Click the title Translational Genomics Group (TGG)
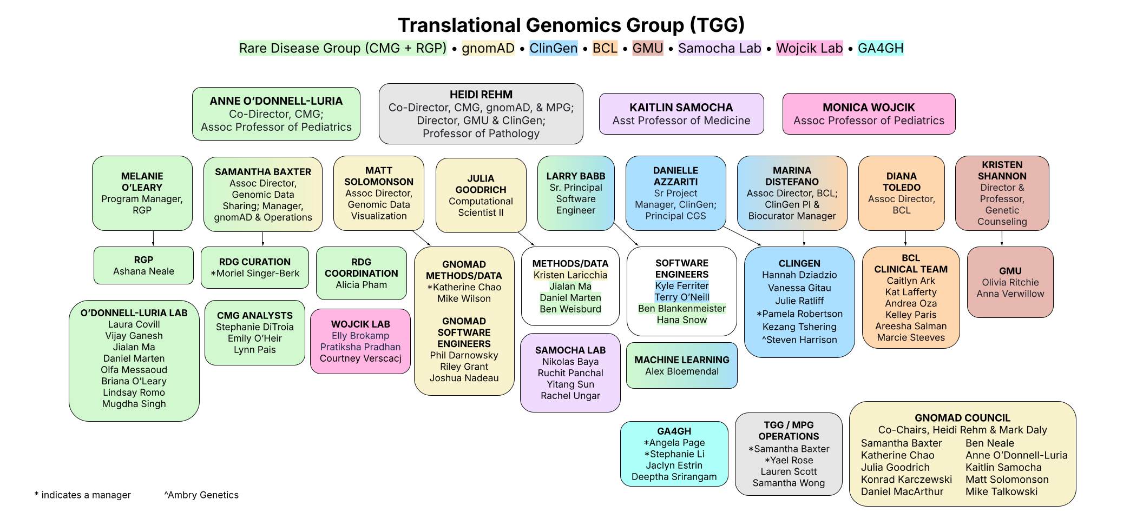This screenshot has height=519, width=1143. point(571,25)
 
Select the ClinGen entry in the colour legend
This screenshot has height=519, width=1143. point(554,48)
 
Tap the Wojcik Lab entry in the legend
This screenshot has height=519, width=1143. point(810,48)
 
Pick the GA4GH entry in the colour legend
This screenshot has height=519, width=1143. point(881,48)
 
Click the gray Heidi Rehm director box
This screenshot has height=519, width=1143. point(481,114)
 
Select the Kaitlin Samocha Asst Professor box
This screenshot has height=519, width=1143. point(681,114)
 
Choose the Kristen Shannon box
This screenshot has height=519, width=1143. point(1002,193)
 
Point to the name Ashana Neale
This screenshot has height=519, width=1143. point(143,271)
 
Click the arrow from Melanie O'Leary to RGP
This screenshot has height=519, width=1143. point(153,238)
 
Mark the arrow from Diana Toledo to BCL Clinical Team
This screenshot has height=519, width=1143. point(905,238)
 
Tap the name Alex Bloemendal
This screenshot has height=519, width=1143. point(682,371)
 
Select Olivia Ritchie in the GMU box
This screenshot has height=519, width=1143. point(1010,282)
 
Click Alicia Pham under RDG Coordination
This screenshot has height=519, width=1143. point(362,285)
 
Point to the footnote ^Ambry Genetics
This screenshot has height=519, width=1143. point(201,495)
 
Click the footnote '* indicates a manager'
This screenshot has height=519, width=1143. point(82,495)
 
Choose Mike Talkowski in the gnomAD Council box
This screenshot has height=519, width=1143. point(1002,491)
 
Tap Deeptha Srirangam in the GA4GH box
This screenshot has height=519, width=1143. point(674,477)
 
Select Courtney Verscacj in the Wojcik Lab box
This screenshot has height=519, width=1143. point(360,358)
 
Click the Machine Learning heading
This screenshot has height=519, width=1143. point(682,360)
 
